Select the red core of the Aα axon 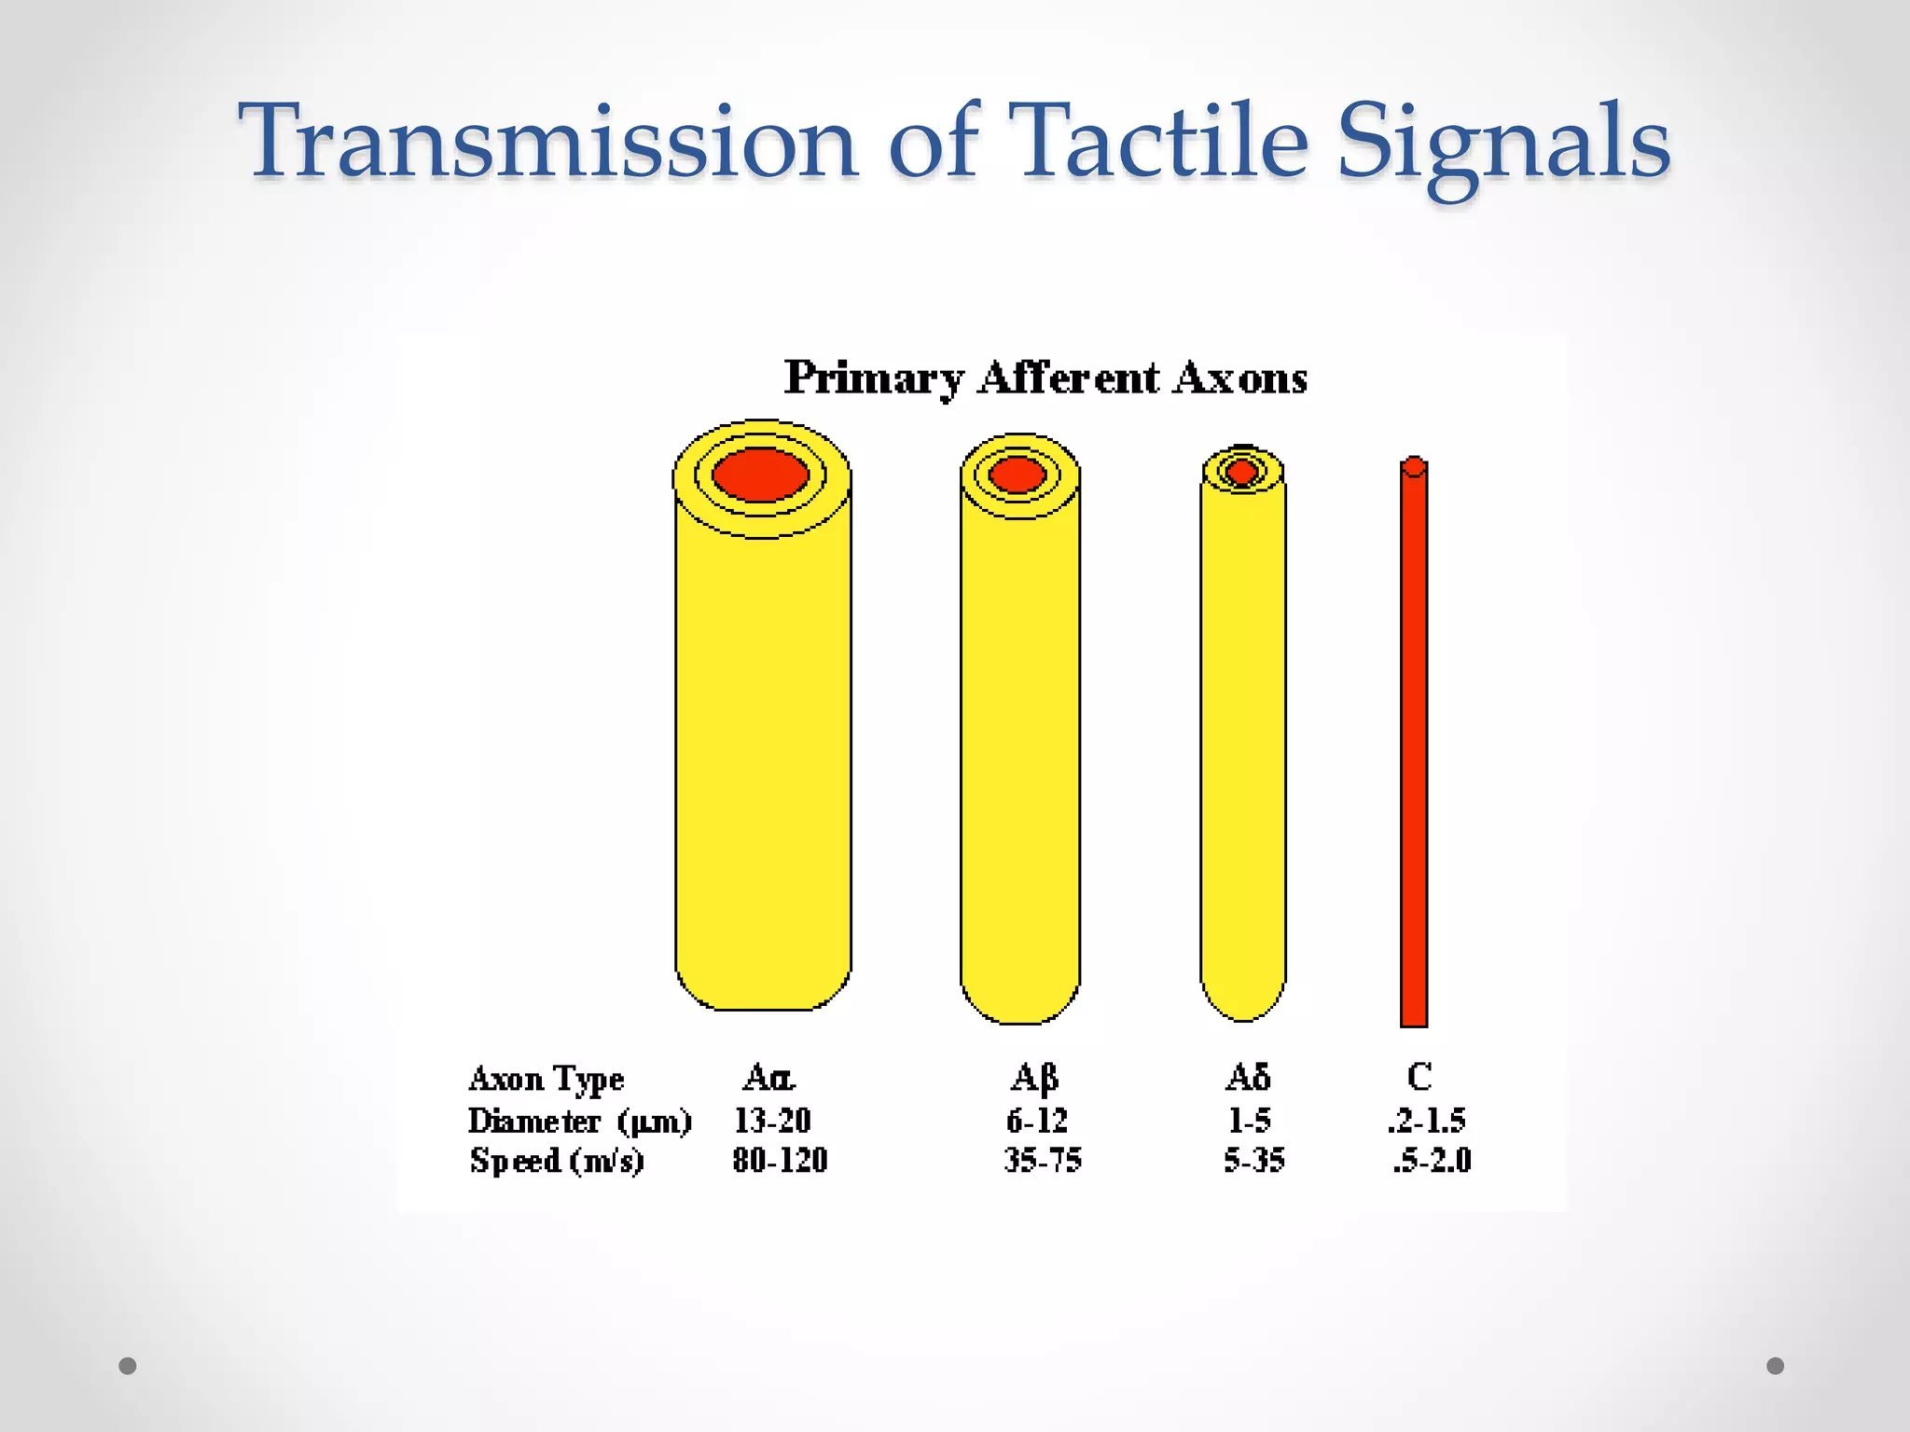pyautogui.click(x=760, y=474)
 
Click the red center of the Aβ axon pyautogui.click(x=1017, y=475)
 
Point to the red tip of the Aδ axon pyautogui.click(x=1241, y=471)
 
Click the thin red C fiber pyautogui.click(x=1414, y=746)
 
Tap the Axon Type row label pyautogui.click(x=547, y=1079)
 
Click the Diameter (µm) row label pyautogui.click(x=579, y=1120)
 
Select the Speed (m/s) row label pyautogui.click(x=557, y=1161)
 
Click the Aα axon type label pyautogui.click(x=768, y=1078)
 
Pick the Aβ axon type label pyautogui.click(x=1034, y=1079)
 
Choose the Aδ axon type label pyautogui.click(x=1247, y=1078)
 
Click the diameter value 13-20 pyautogui.click(x=772, y=1120)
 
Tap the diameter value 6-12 pyautogui.click(x=1036, y=1120)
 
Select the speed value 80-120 pyautogui.click(x=780, y=1161)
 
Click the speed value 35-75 pyautogui.click(x=1042, y=1161)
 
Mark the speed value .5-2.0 pyautogui.click(x=1432, y=1161)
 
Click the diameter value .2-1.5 pyautogui.click(x=1426, y=1120)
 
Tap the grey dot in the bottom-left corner pyautogui.click(x=128, y=1366)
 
